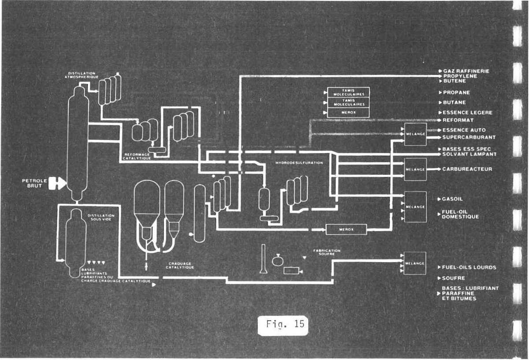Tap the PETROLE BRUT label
click(33, 183)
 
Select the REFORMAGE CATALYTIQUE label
click(138, 156)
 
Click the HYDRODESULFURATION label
click(299, 163)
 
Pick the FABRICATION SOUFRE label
click(327, 252)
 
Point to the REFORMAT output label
click(458, 120)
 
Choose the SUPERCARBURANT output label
click(469, 137)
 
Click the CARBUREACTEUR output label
click(467, 169)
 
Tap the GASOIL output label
click(453, 199)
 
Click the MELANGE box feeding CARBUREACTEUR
click(415, 169)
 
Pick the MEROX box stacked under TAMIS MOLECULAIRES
click(348, 113)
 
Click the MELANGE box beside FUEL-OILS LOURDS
click(415, 263)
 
